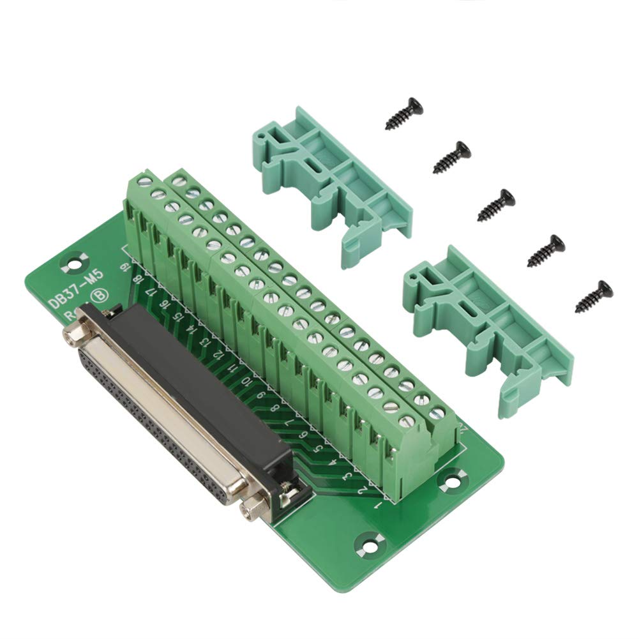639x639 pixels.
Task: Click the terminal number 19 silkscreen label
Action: [124, 267]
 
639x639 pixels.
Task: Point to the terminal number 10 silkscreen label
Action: [246, 382]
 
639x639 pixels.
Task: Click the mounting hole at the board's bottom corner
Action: [368, 543]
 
